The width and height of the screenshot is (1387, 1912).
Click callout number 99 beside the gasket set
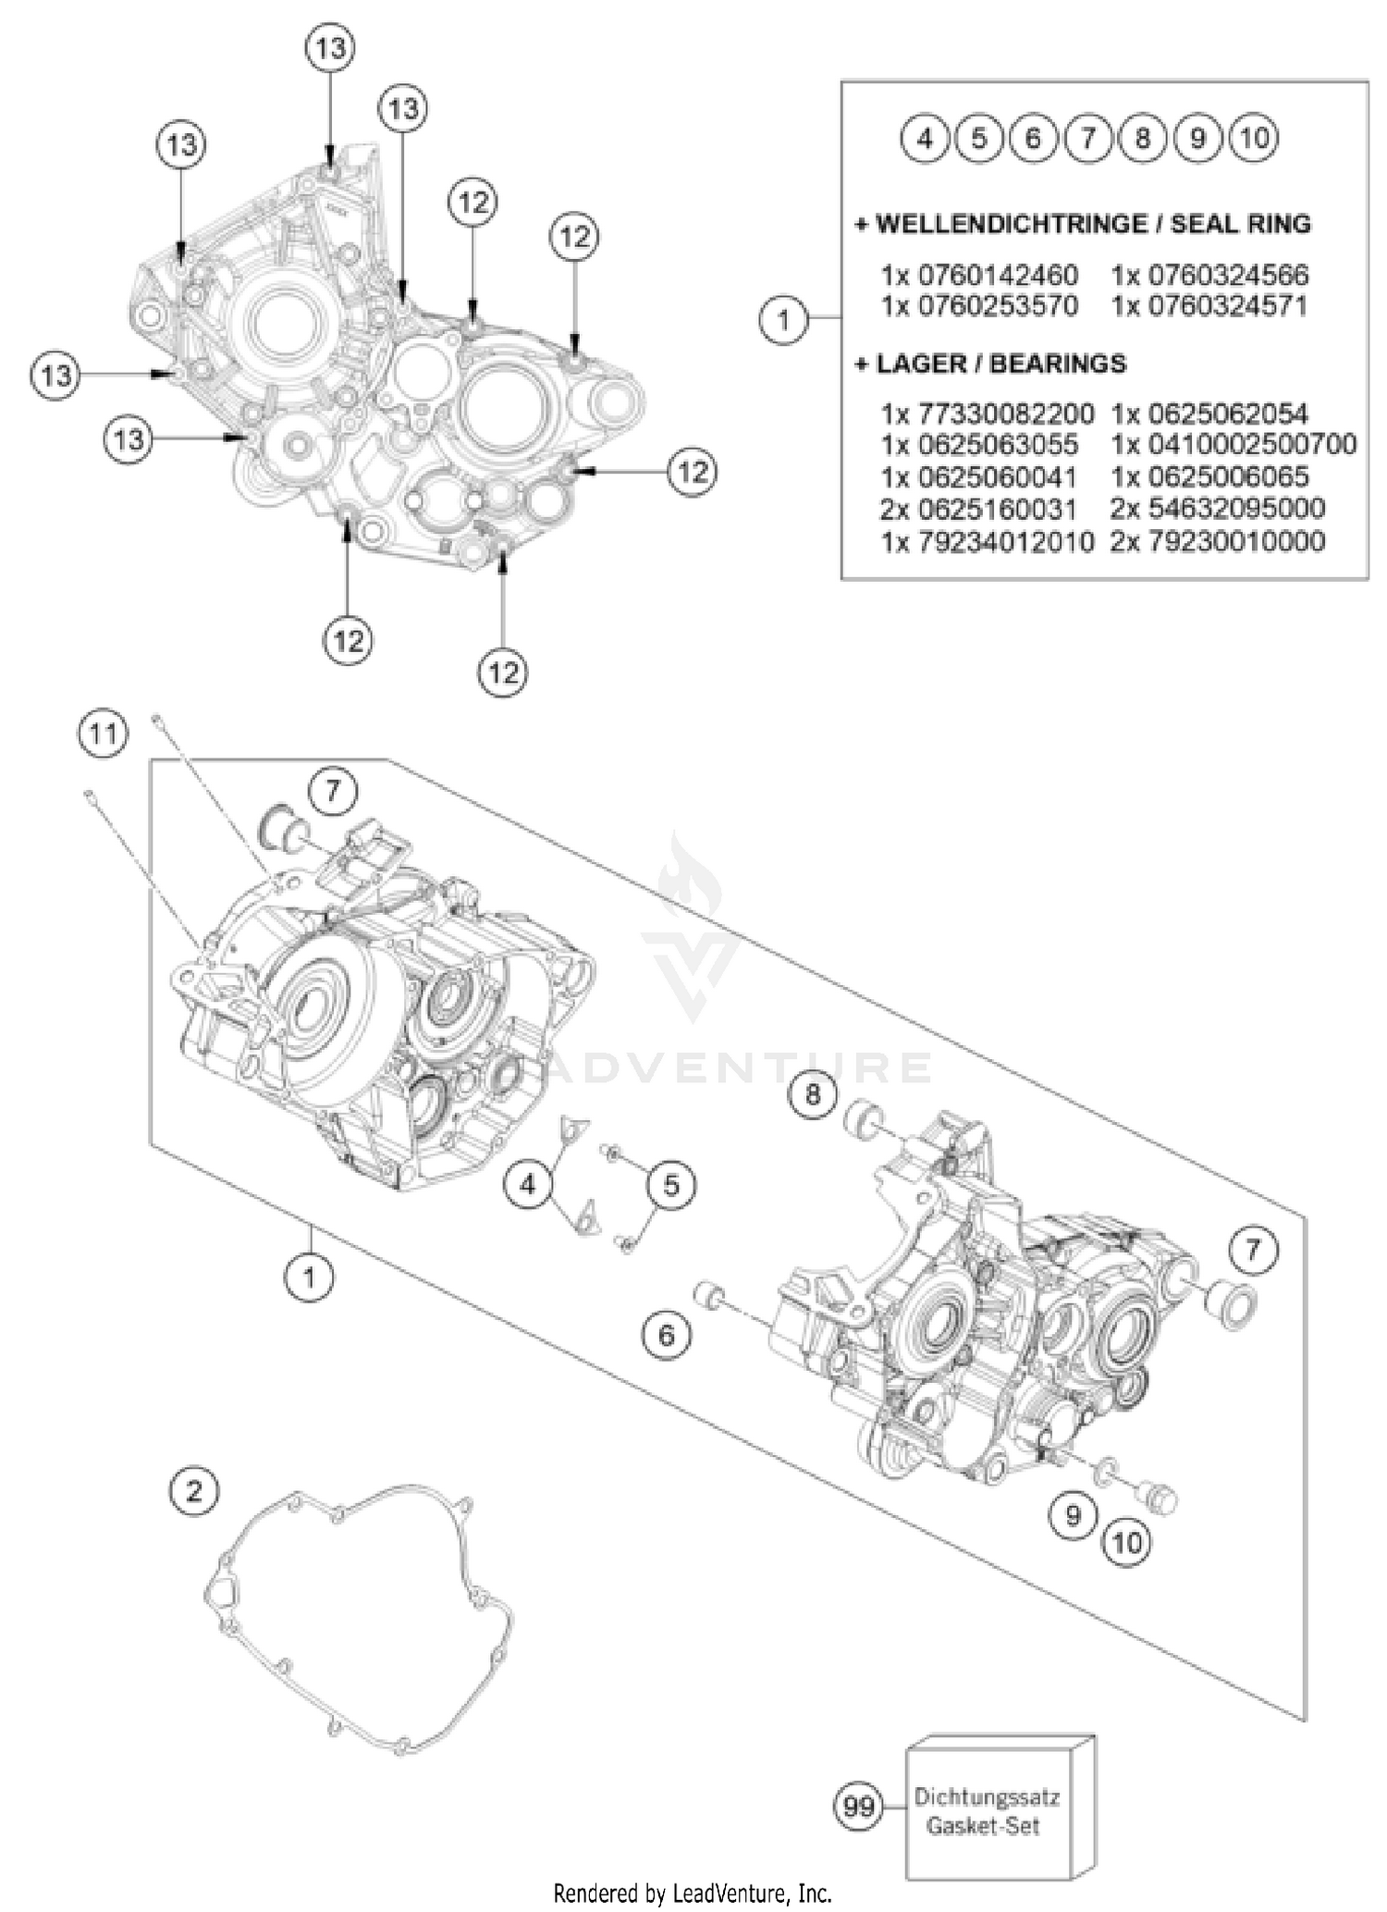pyautogui.click(x=859, y=1805)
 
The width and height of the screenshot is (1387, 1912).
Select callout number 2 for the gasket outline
pyautogui.click(x=194, y=1490)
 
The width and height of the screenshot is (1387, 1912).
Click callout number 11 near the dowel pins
pyautogui.click(x=103, y=734)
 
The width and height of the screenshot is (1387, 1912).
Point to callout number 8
pyautogui.click(x=813, y=1095)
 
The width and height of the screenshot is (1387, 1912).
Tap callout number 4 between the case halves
pyautogui.click(x=528, y=1183)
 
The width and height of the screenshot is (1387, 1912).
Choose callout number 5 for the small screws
pyautogui.click(x=671, y=1184)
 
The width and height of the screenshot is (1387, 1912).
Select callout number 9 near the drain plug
pyautogui.click(x=1073, y=1515)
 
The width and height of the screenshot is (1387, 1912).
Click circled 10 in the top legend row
pyautogui.click(x=1253, y=138)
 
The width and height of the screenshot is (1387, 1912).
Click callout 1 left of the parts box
pyautogui.click(x=784, y=320)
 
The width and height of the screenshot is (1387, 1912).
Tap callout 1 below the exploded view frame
pyautogui.click(x=309, y=1277)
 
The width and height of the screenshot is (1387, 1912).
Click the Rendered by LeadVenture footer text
pyautogui.click(x=693, y=1893)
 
